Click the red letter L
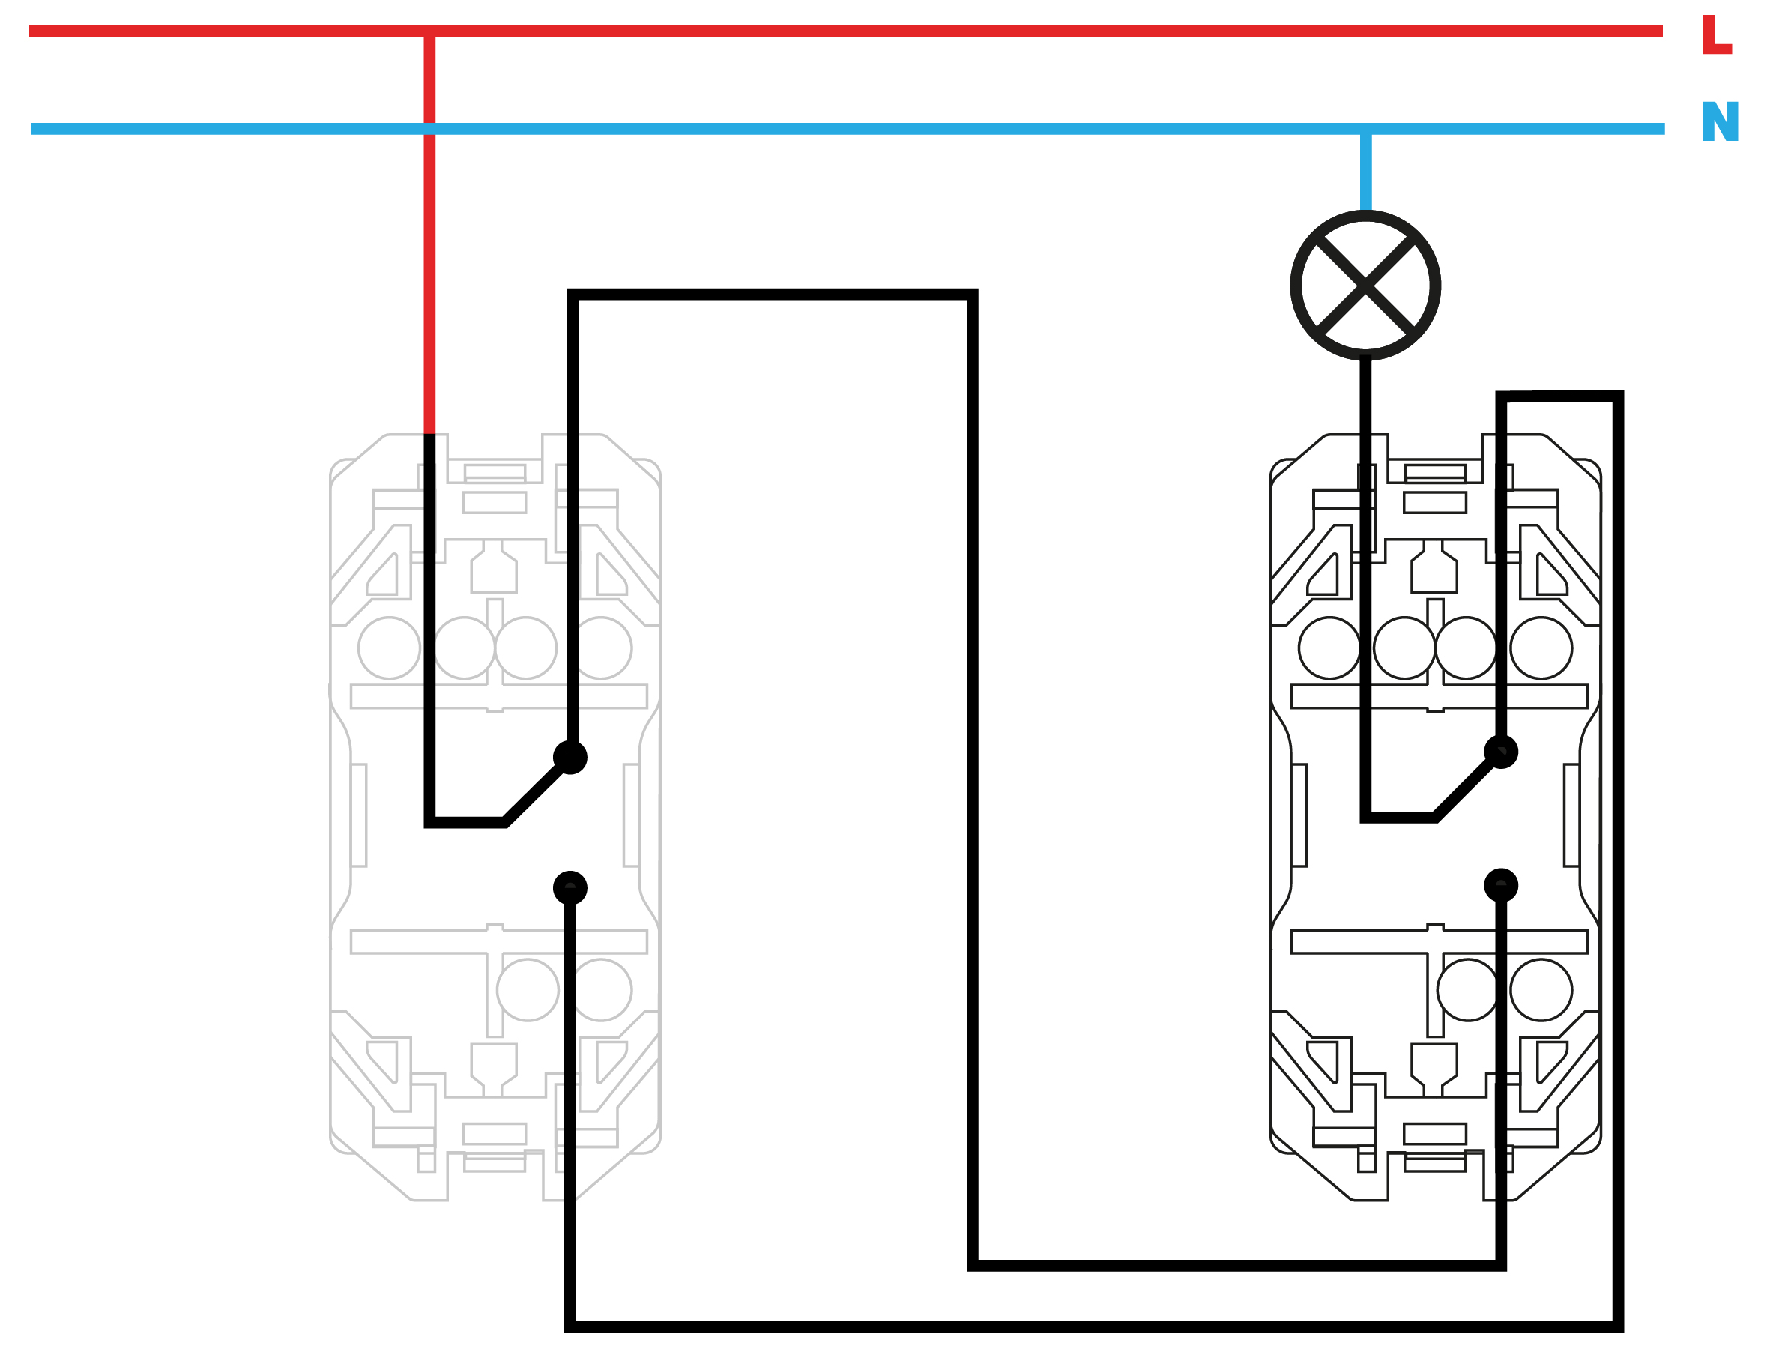(x=1716, y=34)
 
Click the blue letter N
(x=1719, y=121)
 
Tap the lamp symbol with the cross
(x=1365, y=285)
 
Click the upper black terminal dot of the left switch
(x=570, y=758)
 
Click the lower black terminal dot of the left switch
(x=570, y=887)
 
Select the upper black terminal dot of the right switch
(x=1501, y=752)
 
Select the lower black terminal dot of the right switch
(x=1501, y=885)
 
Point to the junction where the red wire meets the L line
(x=430, y=31)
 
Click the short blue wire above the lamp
(x=1365, y=172)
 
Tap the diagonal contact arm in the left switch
(x=534, y=794)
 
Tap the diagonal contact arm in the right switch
(x=1465, y=789)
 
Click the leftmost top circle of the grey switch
(x=389, y=648)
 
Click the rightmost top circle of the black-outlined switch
(x=1541, y=648)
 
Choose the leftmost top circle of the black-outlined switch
(x=1329, y=648)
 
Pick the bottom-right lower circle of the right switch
(x=1541, y=989)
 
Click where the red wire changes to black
(x=430, y=434)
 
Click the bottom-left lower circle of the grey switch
(x=528, y=989)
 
